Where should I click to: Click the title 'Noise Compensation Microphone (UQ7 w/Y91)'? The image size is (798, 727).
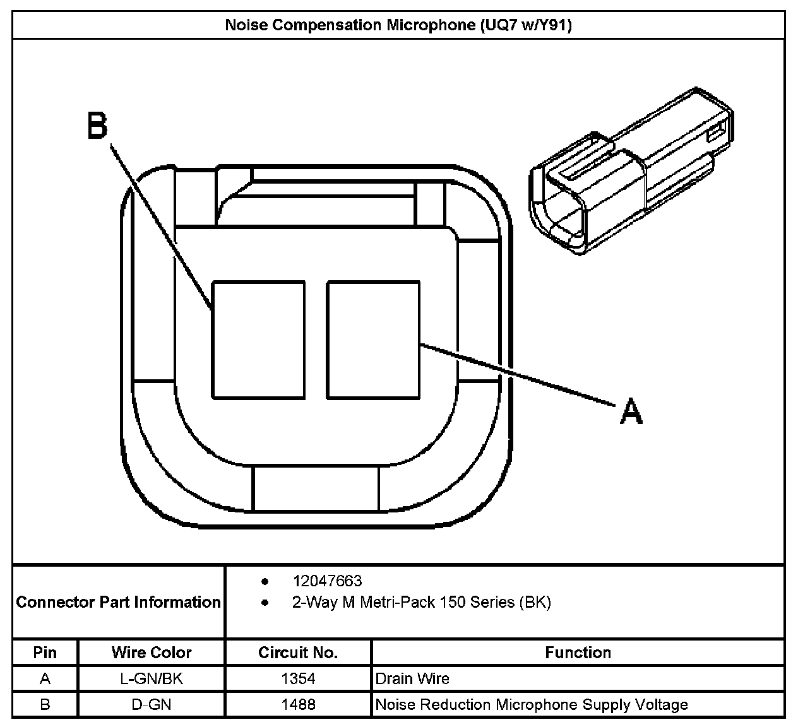[x=398, y=25]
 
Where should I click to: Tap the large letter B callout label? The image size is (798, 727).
[x=97, y=126]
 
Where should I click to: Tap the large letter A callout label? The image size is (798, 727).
[x=631, y=411]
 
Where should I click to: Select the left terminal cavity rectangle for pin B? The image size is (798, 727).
[x=258, y=340]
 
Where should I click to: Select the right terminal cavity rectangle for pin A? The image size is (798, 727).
[x=373, y=340]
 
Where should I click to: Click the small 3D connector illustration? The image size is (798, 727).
[x=631, y=174]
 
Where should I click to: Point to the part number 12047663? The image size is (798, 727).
[x=327, y=581]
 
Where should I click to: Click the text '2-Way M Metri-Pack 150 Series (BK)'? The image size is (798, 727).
[x=421, y=602]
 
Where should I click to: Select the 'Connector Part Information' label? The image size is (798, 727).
[x=118, y=602]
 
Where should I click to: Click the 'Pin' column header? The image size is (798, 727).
[x=45, y=653]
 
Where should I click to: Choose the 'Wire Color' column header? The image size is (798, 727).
[x=152, y=653]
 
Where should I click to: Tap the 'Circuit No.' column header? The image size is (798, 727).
[x=298, y=653]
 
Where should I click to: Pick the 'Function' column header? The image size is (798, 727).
[x=578, y=653]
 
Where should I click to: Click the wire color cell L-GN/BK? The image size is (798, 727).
[x=152, y=679]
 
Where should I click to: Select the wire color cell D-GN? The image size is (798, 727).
[x=152, y=704]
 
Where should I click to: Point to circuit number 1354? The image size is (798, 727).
[x=298, y=679]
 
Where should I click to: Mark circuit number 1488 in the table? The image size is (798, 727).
[x=298, y=704]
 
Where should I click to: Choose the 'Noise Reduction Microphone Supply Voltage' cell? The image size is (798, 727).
[x=532, y=704]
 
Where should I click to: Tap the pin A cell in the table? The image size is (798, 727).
[x=45, y=679]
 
